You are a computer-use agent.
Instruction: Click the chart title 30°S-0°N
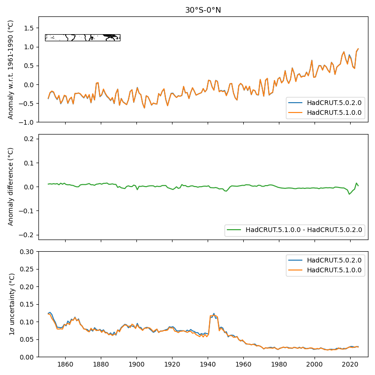pyautogui.click(x=203, y=10)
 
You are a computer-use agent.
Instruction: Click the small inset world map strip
pyautogui.click(x=82, y=37)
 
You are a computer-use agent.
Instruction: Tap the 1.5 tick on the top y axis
pyautogui.click(x=29, y=28)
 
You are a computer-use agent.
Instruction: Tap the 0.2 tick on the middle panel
pyautogui.click(x=30, y=139)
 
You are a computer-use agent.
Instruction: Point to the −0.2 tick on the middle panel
pyautogui.click(x=29, y=235)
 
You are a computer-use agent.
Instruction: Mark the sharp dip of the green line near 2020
pyautogui.click(x=349, y=194)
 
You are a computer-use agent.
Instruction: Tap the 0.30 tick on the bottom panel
pyautogui.click(x=29, y=252)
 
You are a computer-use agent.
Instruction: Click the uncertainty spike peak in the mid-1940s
pyautogui.click(x=214, y=314)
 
